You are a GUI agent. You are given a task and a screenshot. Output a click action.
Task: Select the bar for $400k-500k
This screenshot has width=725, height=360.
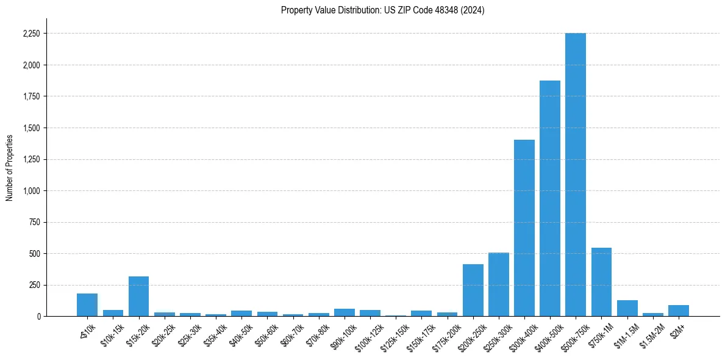pos(549,198)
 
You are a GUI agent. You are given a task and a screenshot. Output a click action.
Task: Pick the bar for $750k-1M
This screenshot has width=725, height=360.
pos(601,282)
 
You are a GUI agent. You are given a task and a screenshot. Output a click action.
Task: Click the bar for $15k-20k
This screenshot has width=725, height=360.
pos(138,297)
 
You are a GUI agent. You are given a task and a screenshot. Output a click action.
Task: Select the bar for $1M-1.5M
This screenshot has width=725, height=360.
pos(627,308)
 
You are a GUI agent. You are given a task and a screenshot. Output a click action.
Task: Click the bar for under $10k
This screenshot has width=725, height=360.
pos(87,305)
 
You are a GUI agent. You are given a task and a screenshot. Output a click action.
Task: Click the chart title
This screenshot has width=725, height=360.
pos(382,10)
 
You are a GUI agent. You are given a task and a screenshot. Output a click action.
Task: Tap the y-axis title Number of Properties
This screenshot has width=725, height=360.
pos(10,168)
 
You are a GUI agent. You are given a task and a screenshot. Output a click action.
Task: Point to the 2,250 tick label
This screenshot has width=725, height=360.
pos(30,34)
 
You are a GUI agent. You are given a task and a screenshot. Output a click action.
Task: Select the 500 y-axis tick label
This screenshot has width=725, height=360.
pos(34,254)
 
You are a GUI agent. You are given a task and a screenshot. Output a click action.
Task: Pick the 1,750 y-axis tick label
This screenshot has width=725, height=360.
pos(30,96)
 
